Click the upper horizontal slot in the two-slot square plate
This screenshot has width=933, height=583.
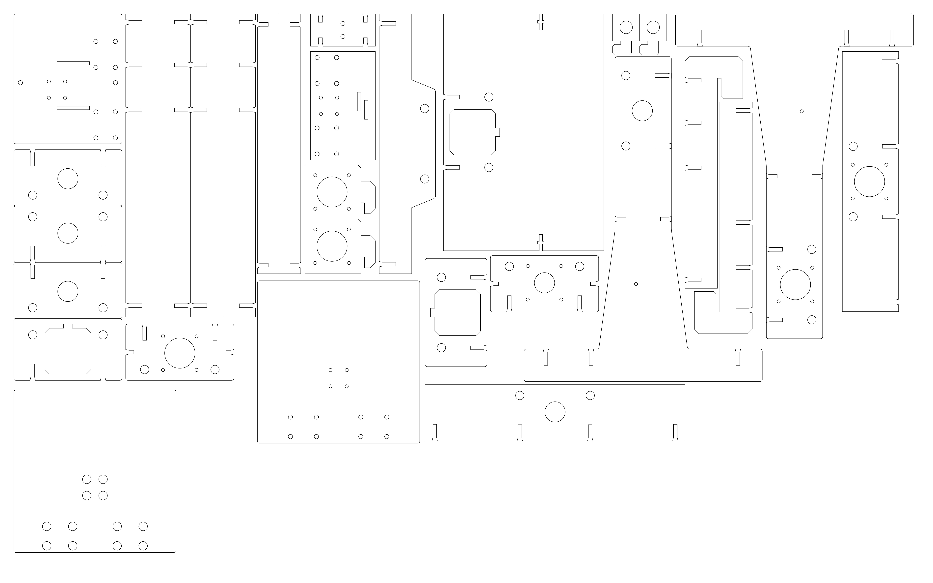[73, 63]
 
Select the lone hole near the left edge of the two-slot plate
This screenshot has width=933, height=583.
[20, 83]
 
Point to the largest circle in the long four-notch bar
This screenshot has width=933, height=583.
[555, 412]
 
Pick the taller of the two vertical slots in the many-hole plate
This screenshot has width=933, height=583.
[359, 101]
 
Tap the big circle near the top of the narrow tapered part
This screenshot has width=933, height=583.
[642, 111]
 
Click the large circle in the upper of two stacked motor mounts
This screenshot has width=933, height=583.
[332, 192]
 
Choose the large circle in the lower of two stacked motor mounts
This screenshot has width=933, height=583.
[332, 246]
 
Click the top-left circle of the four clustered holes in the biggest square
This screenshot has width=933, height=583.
[87, 479]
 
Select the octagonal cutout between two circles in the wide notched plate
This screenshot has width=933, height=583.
[68, 351]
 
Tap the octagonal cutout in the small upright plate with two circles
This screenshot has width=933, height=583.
[457, 312]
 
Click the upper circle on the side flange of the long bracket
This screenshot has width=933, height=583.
[425, 108]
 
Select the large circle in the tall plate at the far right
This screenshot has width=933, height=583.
[869, 182]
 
